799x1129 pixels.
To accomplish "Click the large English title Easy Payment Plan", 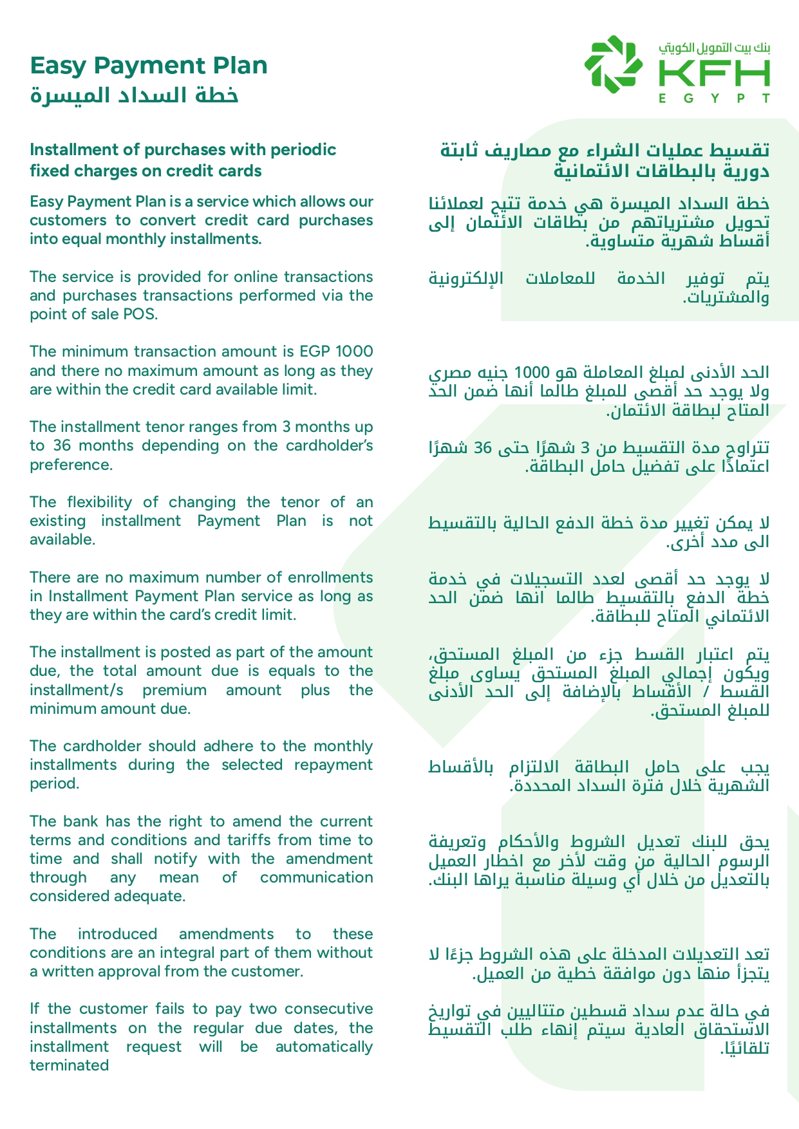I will coord(149,66).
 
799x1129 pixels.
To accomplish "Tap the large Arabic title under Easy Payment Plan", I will coord(135,95).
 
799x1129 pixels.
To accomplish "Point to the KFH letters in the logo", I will coord(714,75).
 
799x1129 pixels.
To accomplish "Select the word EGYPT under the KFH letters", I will coord(714,99).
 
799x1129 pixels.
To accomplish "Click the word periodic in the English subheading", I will coord(306,150).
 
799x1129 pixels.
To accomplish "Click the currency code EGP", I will coord(314,351).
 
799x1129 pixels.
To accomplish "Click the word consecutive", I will coord(328,1009).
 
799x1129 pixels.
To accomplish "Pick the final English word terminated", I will coord(69,1065).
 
